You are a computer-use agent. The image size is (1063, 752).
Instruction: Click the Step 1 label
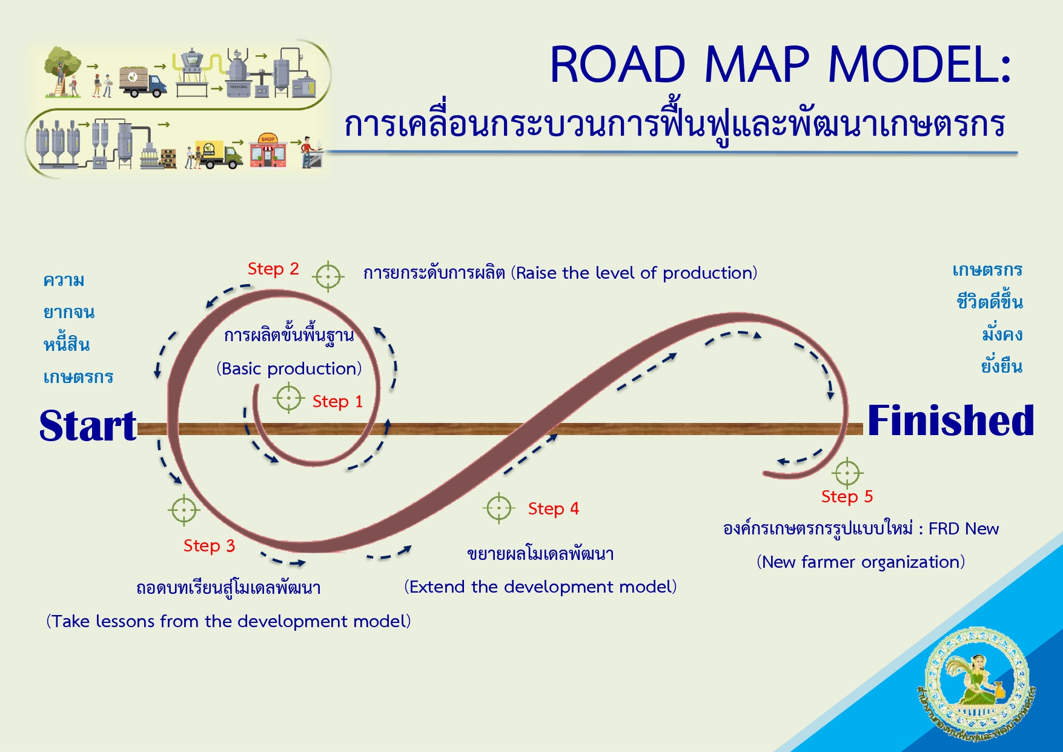click(x=337, y=401)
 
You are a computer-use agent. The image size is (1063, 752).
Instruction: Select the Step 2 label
click(x=273, y=269)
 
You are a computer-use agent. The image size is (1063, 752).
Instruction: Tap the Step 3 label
click(x=209, y=545)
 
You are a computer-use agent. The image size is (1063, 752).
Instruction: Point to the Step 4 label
click(x=553, y=508)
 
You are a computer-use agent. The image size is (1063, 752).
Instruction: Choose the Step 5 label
click(x=847, y=496)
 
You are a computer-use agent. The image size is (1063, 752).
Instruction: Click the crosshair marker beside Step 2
click(x=328, y=277)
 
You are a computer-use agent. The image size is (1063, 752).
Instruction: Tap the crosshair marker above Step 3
click(x=184, y=510)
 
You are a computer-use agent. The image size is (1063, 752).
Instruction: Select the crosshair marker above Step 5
click(x=847, y=473)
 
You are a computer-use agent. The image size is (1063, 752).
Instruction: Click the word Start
click(x=88, y=425)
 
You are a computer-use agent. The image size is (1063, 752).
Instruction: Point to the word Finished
click(x=950, y=421)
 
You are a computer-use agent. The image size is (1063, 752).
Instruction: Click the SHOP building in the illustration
click(x=268, y=151)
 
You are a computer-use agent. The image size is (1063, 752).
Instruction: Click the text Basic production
click(x=289, y=368)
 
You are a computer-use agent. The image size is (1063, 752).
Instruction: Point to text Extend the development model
click(x=540, y=587)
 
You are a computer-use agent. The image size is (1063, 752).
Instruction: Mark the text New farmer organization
click(x=860, y=562)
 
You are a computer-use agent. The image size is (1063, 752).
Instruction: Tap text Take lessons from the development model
click(x=228, y=621)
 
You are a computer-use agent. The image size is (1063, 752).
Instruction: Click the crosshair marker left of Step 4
click(x=499, y=508)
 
